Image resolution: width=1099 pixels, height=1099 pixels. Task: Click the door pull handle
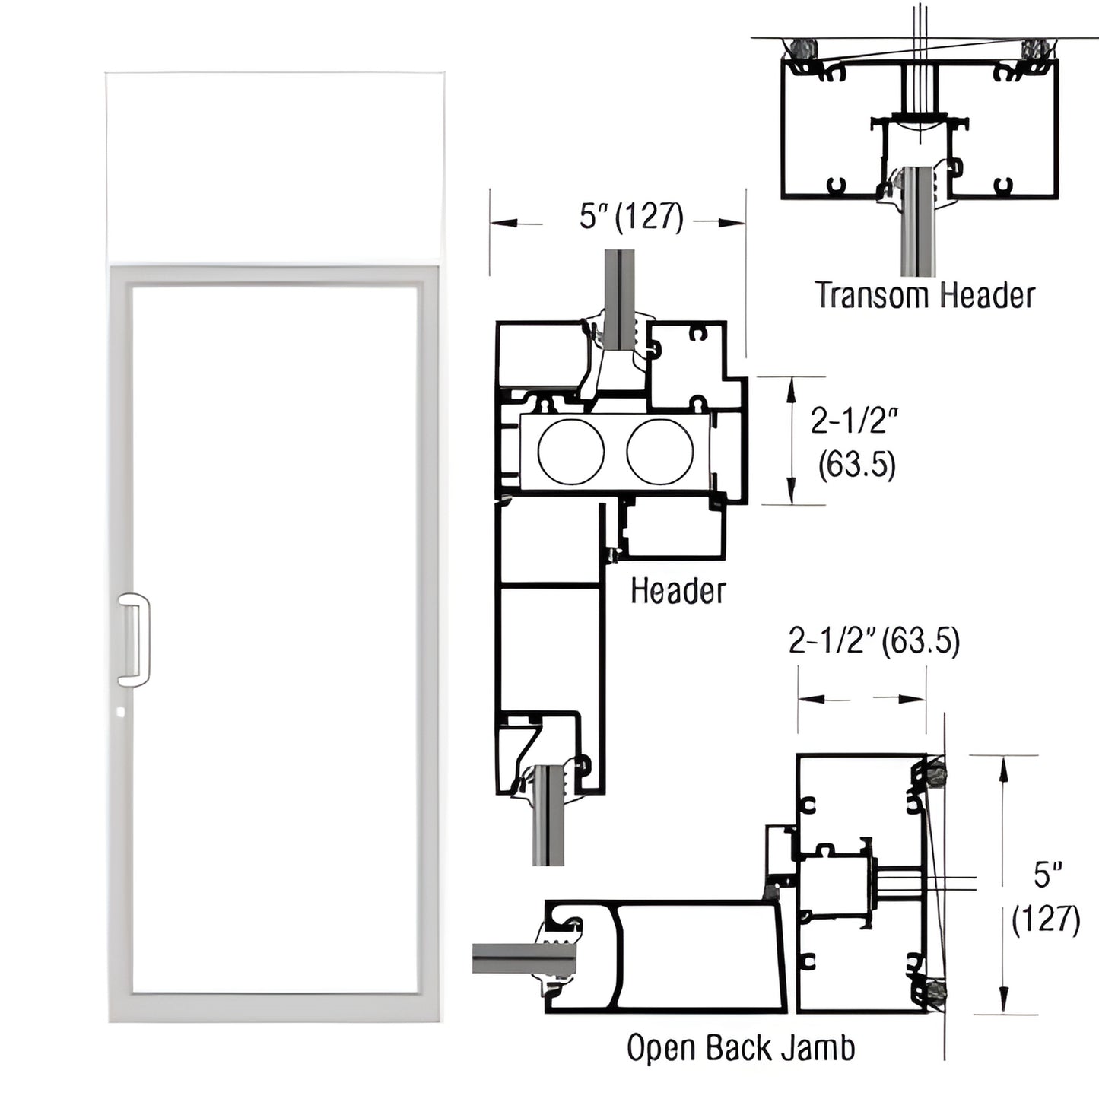tap(135, 637)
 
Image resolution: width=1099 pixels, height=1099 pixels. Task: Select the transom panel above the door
tap(275, 165)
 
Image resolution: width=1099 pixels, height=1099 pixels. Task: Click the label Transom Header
tap(925, 296)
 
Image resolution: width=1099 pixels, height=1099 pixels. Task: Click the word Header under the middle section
tap(678, 591)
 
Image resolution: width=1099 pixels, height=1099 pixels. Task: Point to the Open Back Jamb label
tap(740, 1048)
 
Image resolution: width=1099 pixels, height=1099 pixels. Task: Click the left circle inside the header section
tap(571, 452)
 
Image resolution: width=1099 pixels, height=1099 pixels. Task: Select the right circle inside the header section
tap(659, 452)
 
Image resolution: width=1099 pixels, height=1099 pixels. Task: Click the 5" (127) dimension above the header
tap(631, 217)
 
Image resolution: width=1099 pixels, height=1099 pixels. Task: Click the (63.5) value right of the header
tap(857, 464)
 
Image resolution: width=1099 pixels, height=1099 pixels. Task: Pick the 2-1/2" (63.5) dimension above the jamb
tap(874, 641)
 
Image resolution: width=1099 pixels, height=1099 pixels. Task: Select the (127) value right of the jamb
tap(1046, 920)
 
